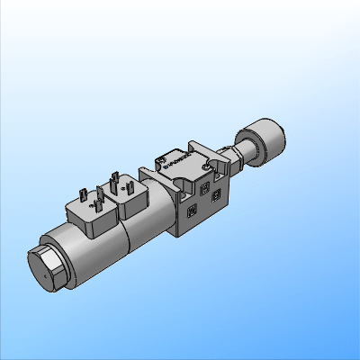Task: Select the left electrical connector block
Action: [89, 211]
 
